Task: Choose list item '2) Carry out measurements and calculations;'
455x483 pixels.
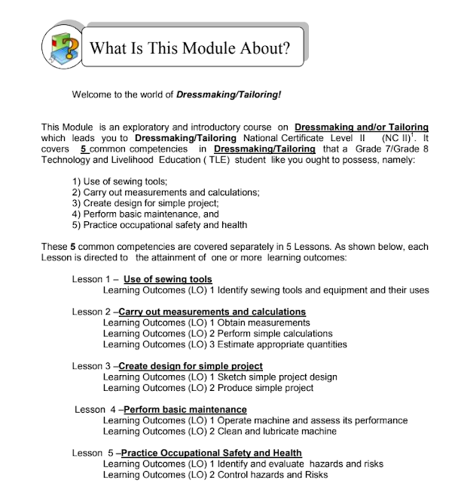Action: pos(166,192)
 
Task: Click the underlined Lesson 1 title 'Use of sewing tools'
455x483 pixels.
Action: pos(168,278)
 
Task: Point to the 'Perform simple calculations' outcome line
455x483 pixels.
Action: pos(217,333)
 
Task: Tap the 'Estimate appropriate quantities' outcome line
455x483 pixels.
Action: pos(224,344)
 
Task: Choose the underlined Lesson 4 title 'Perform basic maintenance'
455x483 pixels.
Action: pos(185,410)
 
